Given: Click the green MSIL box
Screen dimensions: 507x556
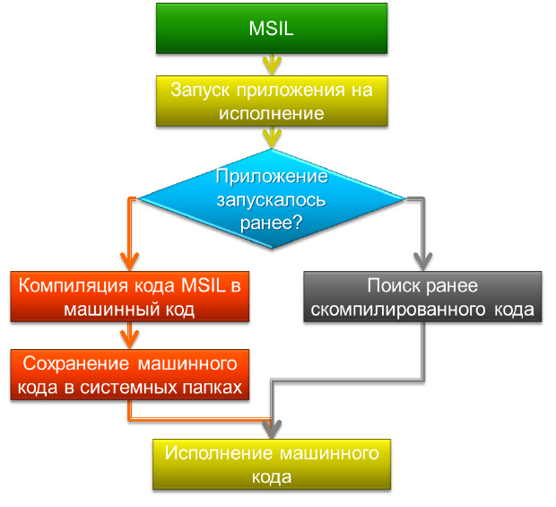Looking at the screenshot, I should click(271, 28).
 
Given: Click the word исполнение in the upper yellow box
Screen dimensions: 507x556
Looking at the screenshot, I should click(271, 113).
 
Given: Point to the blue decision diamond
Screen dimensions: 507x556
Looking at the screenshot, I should click(272, 198).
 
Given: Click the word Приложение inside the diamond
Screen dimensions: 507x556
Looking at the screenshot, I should click(272, 175).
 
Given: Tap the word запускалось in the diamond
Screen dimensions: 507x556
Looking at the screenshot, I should click(272, 198).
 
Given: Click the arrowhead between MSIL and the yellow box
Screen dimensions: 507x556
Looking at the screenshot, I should click(271, 66).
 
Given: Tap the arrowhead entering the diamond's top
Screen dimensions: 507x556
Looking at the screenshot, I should click(271, 137).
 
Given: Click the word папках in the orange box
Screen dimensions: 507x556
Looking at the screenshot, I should click(210, 386).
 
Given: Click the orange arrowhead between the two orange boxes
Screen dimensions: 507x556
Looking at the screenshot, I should click(130, 338).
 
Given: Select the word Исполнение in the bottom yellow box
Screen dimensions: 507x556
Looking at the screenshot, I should click(213, 454).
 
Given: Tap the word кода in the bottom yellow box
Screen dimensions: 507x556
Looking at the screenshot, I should click(271, 476).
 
